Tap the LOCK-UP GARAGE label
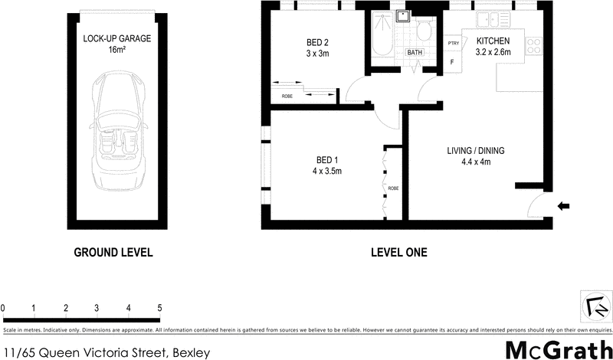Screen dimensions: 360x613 (116, 38)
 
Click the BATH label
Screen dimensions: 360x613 (415, 52)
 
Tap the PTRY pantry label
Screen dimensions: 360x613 (454, 44)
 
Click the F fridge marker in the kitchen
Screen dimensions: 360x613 (452, 61)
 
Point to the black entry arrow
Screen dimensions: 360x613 (563, 205)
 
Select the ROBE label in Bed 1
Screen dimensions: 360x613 (393, 188)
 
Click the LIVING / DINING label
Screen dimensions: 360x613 (475, 150)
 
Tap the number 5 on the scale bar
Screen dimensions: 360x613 (159, 308)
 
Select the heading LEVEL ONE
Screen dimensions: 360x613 (398, 252)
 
